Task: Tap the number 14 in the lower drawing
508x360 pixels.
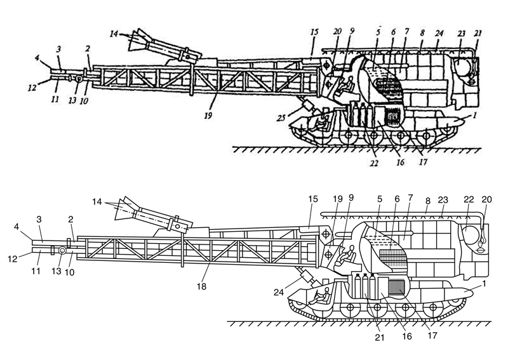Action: point(95,202)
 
